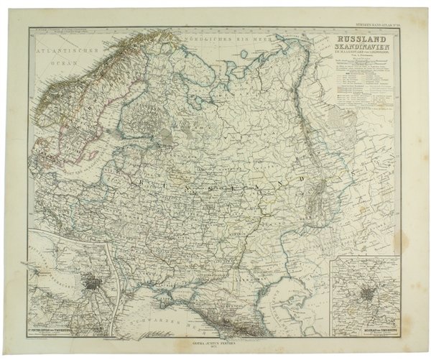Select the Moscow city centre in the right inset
coord(369,294)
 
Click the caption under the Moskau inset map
coord(369,318)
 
